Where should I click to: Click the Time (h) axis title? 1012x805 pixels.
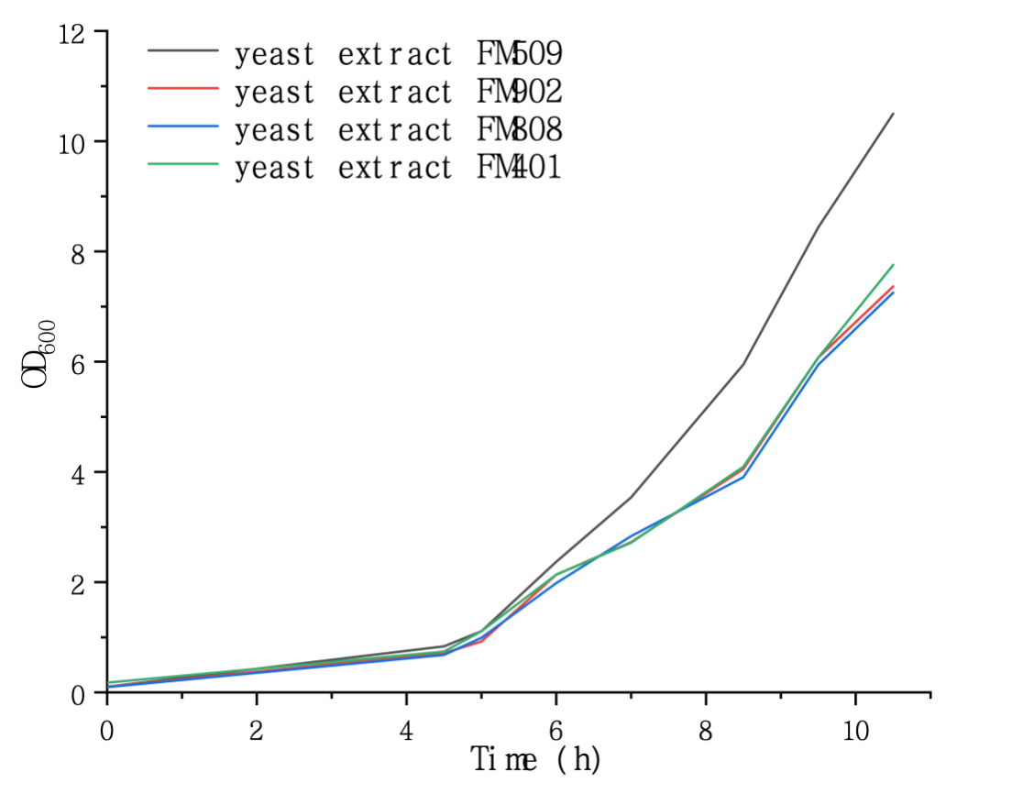(536, 759)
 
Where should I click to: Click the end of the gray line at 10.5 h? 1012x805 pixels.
(893, 114)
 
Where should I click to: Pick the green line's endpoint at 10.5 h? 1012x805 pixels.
(893, 265)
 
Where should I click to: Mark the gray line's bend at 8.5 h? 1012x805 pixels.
(742, 364)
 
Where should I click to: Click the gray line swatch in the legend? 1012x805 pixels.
(182, 50)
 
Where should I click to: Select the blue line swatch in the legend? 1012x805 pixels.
(182, 126)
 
